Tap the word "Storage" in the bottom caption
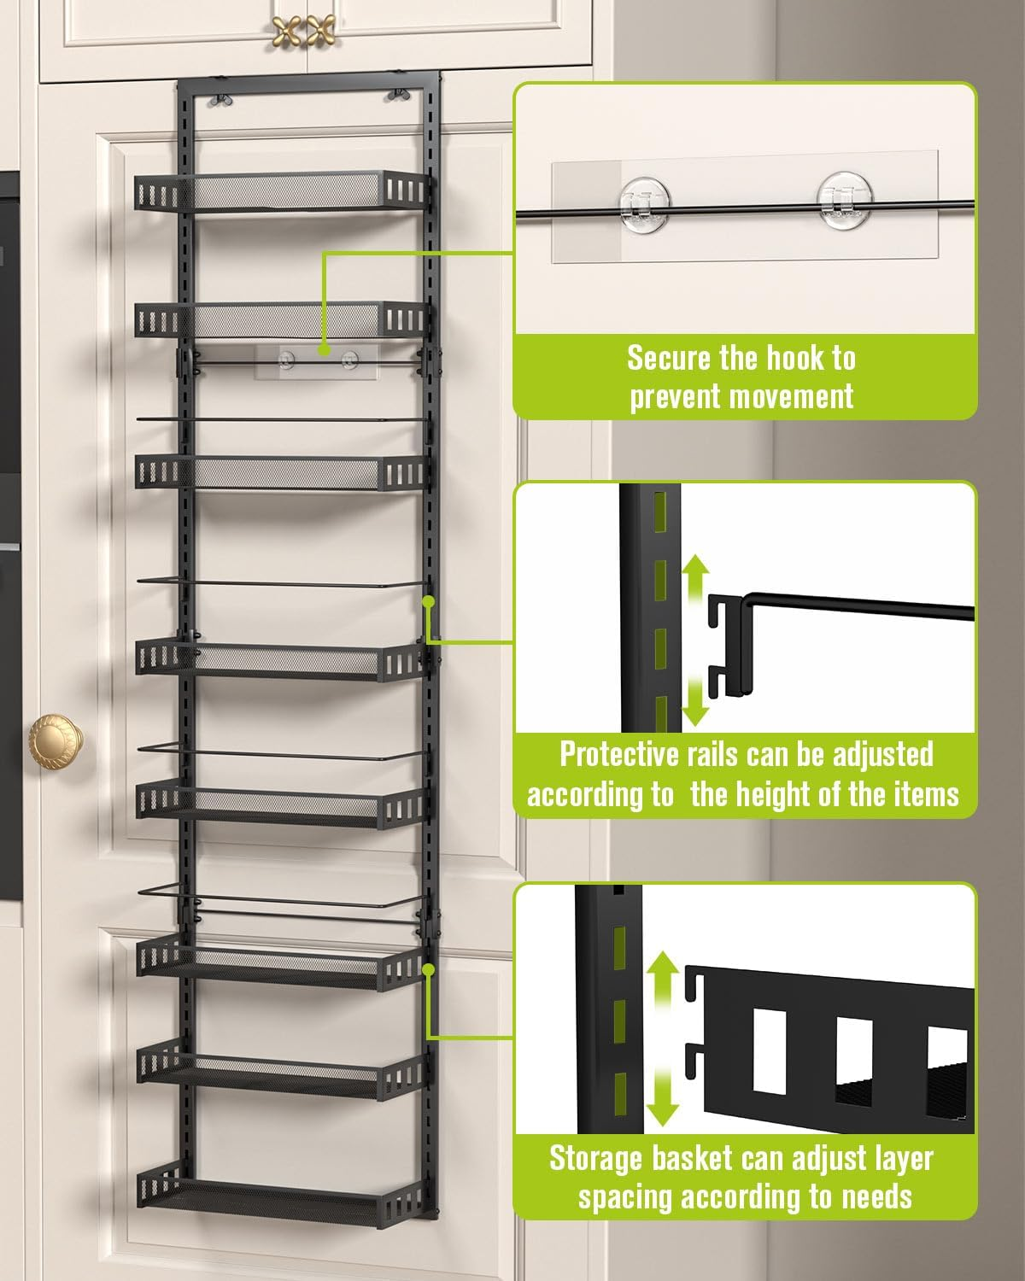click(x=595, y=1159)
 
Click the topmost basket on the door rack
click(x=280, y=192)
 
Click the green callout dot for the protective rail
click(x=429, y=601)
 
